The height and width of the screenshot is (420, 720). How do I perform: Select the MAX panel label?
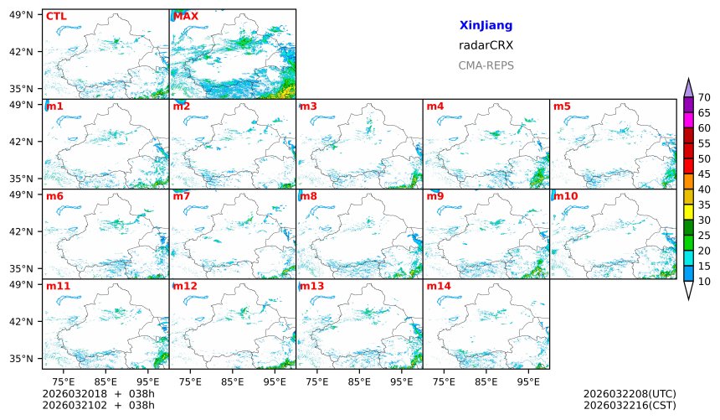click(x=186, y=16)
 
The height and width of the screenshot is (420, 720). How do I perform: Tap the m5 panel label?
click(x=562, y=106)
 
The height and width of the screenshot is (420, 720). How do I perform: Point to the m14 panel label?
click(x=438, y=287)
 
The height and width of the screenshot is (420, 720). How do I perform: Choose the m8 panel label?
click(x=308, y=196)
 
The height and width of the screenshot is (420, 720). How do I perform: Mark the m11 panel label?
click(x=58, y=287)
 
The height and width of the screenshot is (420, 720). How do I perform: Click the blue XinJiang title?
click(x=486, y=26)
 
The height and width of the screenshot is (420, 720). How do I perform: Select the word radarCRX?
click(x=486, y=45)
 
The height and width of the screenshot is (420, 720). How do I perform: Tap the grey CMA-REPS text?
click(x=486, y=65)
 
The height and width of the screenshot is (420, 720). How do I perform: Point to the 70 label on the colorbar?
click(x=704, y=98)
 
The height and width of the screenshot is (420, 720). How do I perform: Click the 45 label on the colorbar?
click(x=704, y=174)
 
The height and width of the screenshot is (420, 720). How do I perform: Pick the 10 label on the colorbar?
click(x=704, y=281)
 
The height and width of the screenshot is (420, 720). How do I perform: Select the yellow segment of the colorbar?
click(x=688, y=212)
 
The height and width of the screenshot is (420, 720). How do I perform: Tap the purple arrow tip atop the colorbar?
click(x=688, y=86)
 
